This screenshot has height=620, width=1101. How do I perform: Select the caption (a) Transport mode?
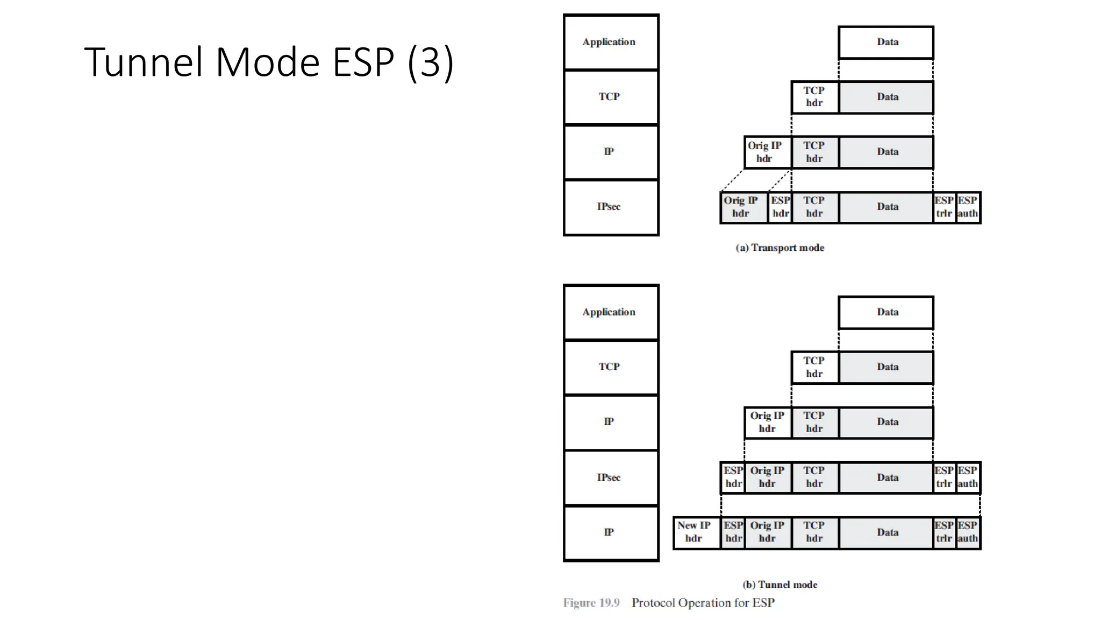click(x=780, y=248)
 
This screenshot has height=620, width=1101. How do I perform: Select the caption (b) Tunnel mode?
click(x=780, y=584)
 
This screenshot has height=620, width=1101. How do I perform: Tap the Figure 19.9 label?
click(x=591, y=603)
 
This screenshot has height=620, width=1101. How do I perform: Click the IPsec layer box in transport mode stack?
click(x=611, y=207)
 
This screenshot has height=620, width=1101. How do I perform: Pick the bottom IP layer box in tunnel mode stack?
click(x=611, y=533)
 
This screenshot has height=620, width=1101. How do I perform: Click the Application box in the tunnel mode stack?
click(x=611, y=312)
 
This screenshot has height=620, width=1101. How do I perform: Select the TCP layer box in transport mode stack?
click(x=611, y=97)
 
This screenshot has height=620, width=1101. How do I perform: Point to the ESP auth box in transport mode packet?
click(x=968, y=207)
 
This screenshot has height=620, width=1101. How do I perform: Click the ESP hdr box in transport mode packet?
click(x=780, y=207)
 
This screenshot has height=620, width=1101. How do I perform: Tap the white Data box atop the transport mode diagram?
click(x=886, y=42)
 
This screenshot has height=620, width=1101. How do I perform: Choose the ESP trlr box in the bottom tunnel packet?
click(x=944, y=532)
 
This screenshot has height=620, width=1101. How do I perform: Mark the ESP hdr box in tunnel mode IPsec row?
click(x=733, y=477)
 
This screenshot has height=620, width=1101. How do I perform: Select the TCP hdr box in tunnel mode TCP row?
click(x=814, y=368)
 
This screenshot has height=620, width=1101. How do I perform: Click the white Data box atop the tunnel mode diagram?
click(x=886, y=312)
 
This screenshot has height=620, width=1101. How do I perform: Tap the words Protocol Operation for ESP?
click(x=703, y=603)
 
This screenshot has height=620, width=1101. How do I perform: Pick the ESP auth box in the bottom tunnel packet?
click(x=968, y=532)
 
